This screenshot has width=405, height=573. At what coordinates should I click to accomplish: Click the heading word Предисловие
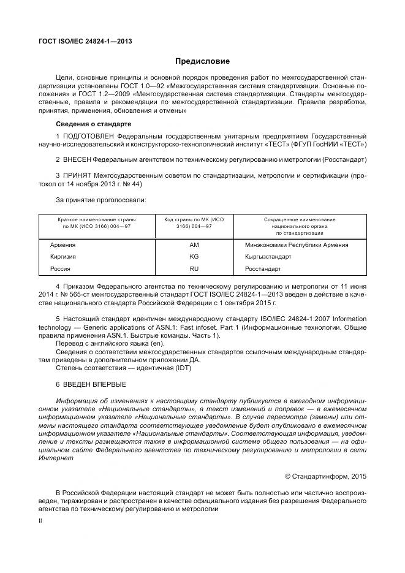click(x=202, y=62)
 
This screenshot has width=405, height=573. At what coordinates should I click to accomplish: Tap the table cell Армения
click(x=62, y=245)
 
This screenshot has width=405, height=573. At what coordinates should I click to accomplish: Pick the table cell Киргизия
click(x=63, y=257)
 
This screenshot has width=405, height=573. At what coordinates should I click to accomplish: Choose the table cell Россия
click(x=60, y=268)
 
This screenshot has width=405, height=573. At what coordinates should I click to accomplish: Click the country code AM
click(x=195, y=245)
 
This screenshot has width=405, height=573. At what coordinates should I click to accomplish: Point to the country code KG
click(x=195, y=257)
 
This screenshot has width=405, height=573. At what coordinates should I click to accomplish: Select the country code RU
click(x=195, y=268)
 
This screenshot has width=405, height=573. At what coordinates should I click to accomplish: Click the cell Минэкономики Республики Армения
click(x=296, y=245)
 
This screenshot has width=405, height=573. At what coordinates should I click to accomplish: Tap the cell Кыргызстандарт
click(x=268, y=257)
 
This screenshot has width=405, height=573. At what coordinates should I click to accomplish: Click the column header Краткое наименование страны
click(x=97, y=219)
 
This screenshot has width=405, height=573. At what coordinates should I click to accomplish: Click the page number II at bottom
click(x=40, y=520)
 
